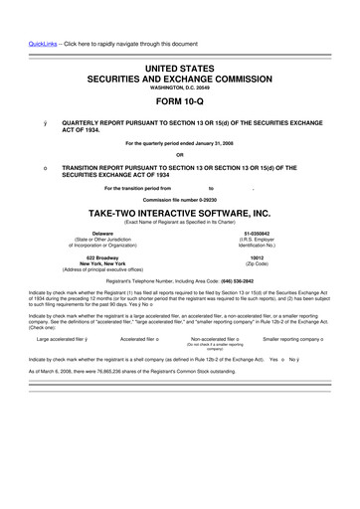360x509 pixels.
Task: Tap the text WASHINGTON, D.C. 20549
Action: [180, 86]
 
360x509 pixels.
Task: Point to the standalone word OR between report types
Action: [180, 154]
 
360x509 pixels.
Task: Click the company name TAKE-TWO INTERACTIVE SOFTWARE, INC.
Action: [180, 213]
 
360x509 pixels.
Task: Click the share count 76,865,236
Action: [97, 370]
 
